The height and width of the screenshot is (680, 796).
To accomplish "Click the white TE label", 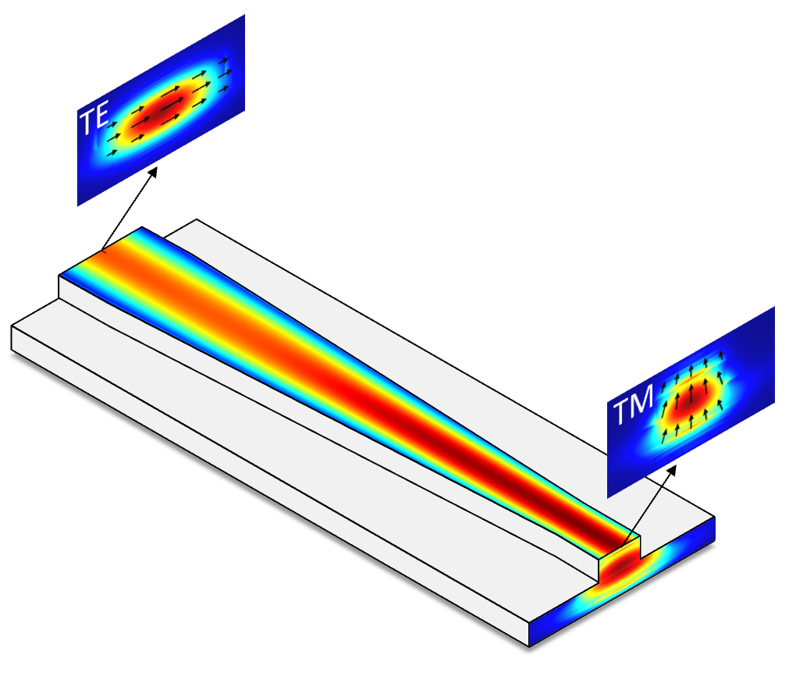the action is [94, 118].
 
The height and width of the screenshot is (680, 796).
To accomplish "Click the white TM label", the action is [633, 404].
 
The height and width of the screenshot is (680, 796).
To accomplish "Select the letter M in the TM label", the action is [641, 401].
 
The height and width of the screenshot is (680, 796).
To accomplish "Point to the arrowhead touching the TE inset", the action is [152, 173].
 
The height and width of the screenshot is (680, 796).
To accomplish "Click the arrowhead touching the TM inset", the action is [672, 471].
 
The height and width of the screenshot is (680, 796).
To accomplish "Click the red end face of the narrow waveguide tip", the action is [620, 565].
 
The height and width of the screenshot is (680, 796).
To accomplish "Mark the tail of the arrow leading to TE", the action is [102, 251].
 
